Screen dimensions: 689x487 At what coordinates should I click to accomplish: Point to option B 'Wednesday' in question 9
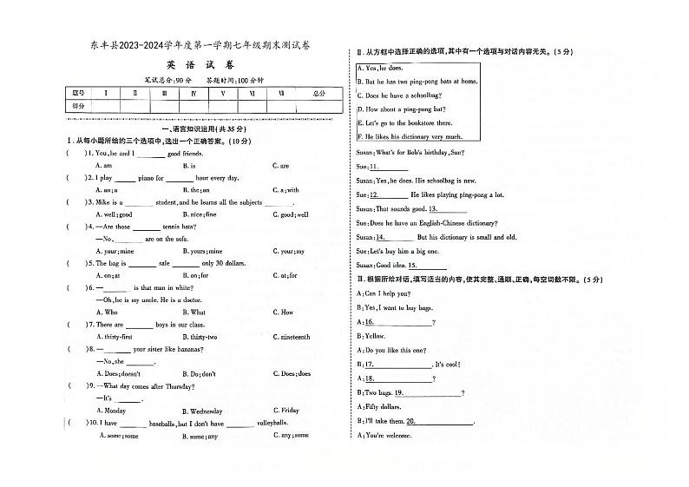[202, 411]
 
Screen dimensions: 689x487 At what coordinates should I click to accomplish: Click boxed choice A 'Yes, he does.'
[384, 68]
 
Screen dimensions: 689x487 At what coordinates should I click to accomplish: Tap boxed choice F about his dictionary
[410, 136]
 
